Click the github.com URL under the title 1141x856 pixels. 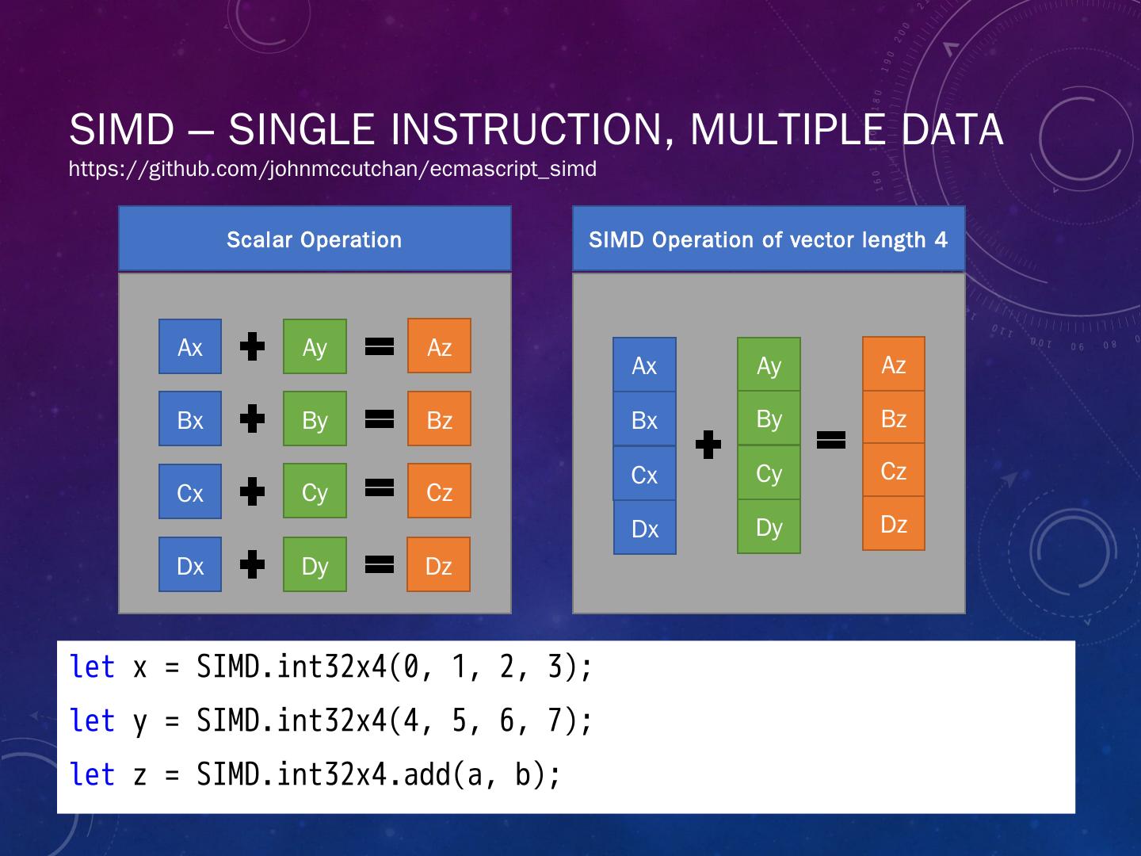click(332, 169)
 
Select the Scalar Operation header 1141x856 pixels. click(315, 239)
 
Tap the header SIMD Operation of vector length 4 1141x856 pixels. click(768, 239)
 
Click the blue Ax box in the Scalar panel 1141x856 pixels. click(190, 346)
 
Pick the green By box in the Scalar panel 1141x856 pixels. click(315, 419)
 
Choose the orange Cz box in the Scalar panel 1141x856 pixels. click(439, 491)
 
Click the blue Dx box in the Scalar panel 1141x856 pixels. click(190, 565)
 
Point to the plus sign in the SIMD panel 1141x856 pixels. click(708, 445)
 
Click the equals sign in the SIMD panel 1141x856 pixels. click(830, 440)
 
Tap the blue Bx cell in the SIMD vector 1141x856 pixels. click(644, 419)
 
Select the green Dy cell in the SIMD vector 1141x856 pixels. click(769, 527)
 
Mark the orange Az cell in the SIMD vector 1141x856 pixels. click(893, 365)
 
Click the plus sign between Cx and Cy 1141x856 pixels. click(252, 491)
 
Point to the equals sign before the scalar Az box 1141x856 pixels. click(380, 346)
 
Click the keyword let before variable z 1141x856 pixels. click(92, 774)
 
